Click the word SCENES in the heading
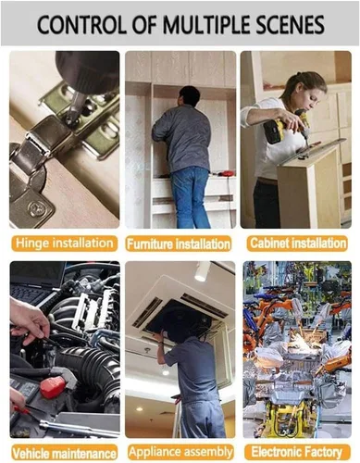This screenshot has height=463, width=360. (x=290, y=25)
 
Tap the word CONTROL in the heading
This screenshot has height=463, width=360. (x=81, y=25)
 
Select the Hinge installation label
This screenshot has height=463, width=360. (x=65, y=244)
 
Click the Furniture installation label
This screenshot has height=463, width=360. (x=179, y=244)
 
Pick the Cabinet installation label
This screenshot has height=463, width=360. (x=297, y=244)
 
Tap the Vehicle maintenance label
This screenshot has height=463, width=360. (x=65, y=453)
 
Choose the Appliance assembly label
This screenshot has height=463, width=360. (x=180, y=453)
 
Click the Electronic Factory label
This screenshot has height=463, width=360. (x=297, y=453)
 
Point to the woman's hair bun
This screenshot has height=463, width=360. (x=299, y=74)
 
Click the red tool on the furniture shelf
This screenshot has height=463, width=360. (x=224, y=173)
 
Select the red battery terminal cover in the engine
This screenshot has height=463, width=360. (x=53, y=386)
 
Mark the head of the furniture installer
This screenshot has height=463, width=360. (x=189, y=96)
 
